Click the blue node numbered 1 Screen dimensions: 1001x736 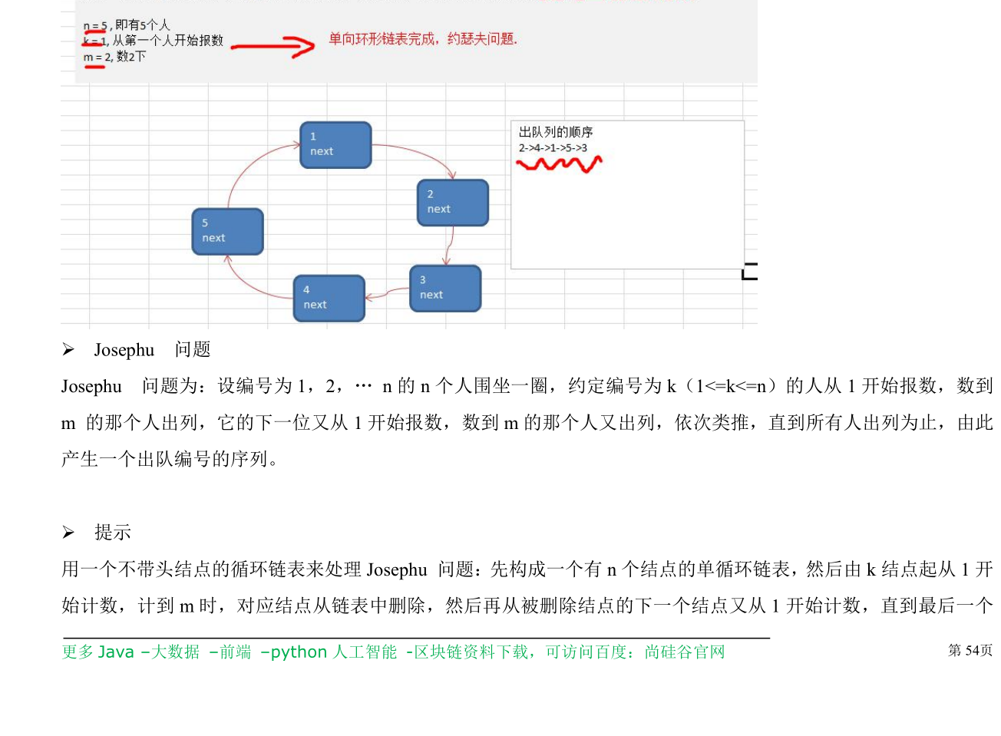[335, 145]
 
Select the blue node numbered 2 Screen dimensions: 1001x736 [452, 203]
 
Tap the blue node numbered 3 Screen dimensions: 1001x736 [445, 289]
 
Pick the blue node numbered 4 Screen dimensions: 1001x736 [329, 298]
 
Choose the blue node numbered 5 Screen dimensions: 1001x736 [227, 231]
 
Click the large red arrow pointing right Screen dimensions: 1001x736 [274, 47]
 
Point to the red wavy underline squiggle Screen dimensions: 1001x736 [559, 163]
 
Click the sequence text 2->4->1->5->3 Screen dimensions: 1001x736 [553, 148]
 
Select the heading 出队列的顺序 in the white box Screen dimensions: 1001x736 [556, 132]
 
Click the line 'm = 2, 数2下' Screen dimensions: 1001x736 [114, 57]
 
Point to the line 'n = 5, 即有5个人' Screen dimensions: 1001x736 [127, 25]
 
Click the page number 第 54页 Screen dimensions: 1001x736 [970, 651]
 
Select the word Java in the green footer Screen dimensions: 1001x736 [116, 652]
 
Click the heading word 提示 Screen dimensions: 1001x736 [113, 532]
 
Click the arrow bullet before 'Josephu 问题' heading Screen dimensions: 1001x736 [68, 350]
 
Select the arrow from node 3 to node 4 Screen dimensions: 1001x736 [387, 292]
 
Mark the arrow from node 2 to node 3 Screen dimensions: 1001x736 [448, 246]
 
